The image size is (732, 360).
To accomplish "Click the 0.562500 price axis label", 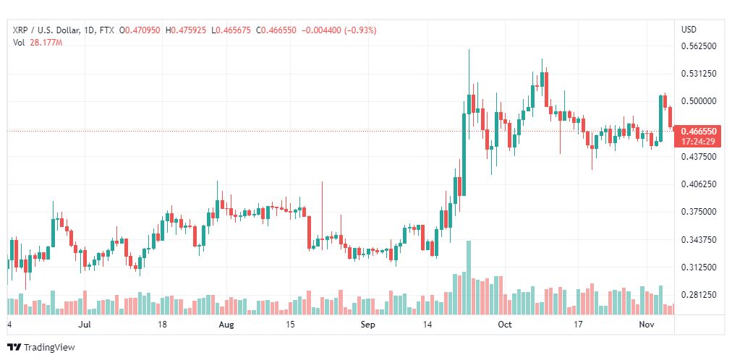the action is point(699,46).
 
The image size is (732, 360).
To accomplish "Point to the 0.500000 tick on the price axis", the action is point(699,101).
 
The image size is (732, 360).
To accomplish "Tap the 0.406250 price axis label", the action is point(699,184).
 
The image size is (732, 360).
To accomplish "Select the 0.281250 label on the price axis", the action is point(699,295).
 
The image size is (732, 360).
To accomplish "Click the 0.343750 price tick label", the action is point(699,240).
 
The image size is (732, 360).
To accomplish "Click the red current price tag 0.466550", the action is point(699,132).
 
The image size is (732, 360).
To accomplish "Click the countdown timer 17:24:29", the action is point(698,141).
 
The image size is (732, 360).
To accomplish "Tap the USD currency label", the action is point(689,30).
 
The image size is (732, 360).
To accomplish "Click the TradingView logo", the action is point(41,348).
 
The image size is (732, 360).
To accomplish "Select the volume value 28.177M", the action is point(46,43).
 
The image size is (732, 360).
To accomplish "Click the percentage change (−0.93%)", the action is point(360,30).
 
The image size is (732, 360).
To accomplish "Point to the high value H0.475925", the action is point(186,30).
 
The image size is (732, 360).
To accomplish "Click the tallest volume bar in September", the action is point(469,278).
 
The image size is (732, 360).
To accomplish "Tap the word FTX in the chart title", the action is point(107,30).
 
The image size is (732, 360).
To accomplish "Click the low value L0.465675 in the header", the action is point(231,30).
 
